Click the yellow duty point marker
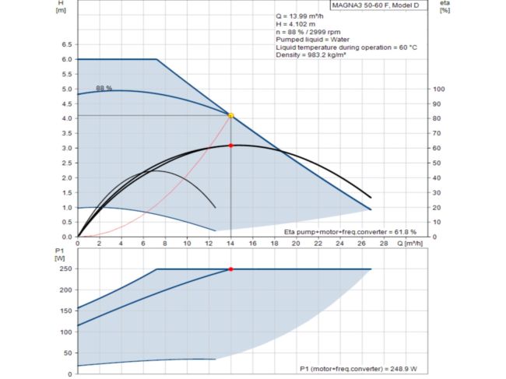230,115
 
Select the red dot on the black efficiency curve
231,146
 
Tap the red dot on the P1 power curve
231,269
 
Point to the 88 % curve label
104,88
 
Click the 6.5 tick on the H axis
67,44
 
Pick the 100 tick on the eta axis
438,89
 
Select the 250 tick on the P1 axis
65,269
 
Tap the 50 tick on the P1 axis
68,353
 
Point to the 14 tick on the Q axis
230,244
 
